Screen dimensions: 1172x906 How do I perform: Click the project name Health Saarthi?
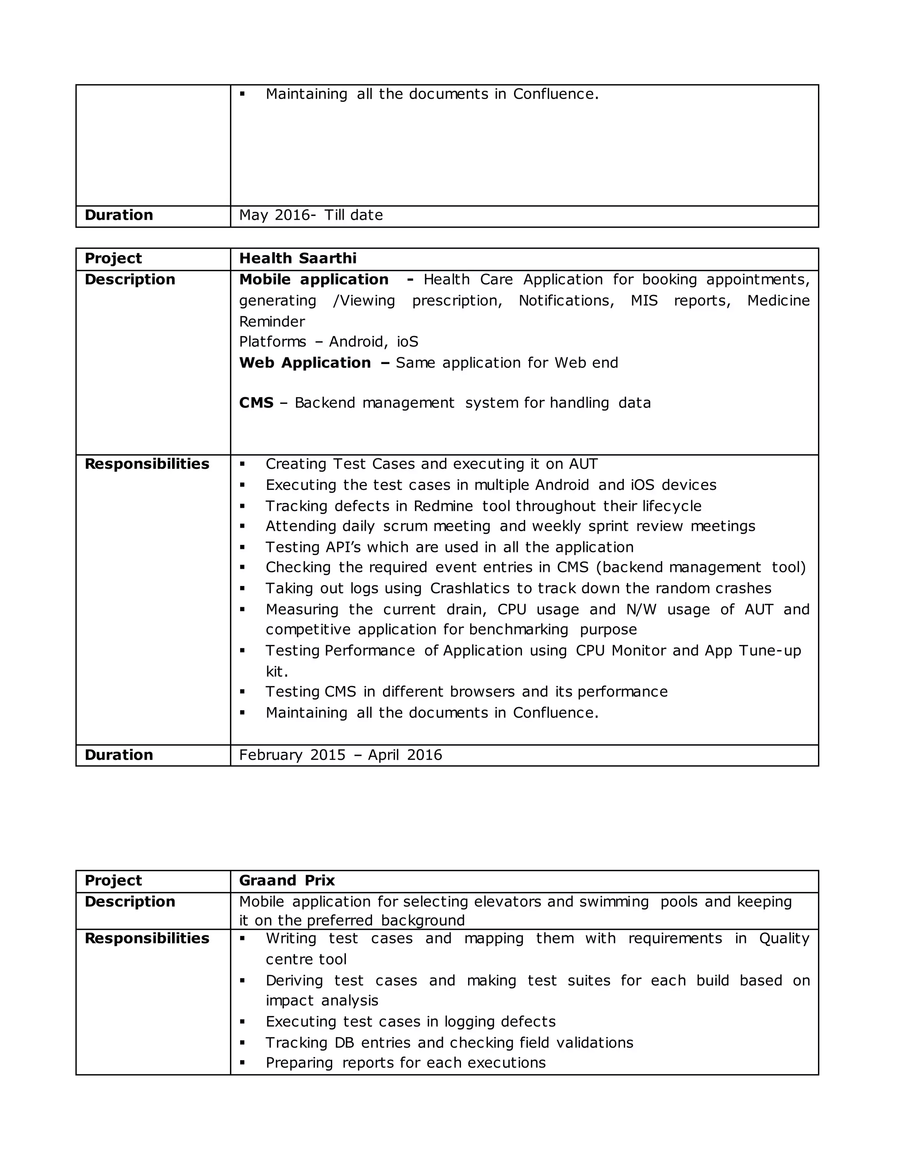tap(297, 259)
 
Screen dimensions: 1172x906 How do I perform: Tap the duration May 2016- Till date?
tap(311, 215)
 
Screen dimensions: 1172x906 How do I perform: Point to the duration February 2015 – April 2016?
tap(340, 755)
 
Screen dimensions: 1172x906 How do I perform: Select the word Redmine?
tap(443, 506)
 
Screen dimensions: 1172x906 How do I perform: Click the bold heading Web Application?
tap(305, 363)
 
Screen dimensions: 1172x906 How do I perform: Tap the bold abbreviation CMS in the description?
tap(256, 403)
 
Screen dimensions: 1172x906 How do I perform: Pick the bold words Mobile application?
tap(314, 280)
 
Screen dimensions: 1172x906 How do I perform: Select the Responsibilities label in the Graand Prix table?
tap(146, 938)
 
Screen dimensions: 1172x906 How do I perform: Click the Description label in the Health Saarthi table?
tap(130, 280)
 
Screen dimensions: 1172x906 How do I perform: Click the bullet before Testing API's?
tap(242, 548)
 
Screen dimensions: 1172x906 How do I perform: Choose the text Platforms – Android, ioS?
tap(329, 342)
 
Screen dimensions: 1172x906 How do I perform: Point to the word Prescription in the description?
tap(457, 301)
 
